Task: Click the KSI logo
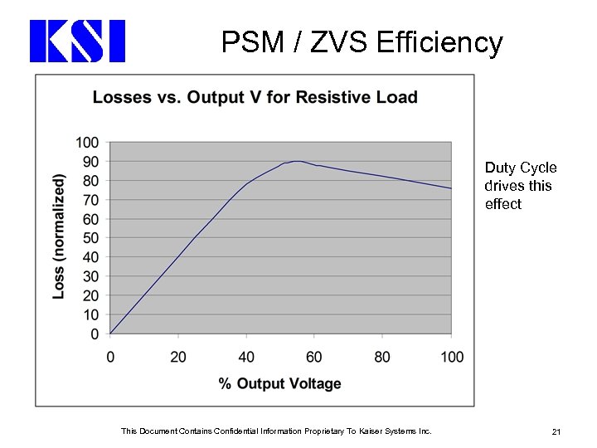(x=77, y=41)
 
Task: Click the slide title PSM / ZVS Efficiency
(x=362, y=41)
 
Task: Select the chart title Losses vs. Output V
(x=255, y=98)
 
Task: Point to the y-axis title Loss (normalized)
(x=59, y=236)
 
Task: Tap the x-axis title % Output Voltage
(x=279, y=383)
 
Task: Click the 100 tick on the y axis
(x=87, y=143)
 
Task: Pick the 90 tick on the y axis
(x=90, y=162)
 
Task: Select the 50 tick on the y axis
(x=90, y=238)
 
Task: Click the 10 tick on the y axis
(x=90, y=315)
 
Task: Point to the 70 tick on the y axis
(x=90, y=200)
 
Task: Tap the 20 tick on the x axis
(x=178, y=357)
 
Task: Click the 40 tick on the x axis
(x=246, y=357)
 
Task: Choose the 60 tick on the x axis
(x=314, y=357)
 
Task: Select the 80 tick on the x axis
(x=382, y=357)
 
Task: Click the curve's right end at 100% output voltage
(x=451, y=188)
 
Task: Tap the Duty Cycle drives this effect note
(x=520, y=186)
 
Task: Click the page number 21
(x=556, y=431)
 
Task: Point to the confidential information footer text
(x=276, y=431)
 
